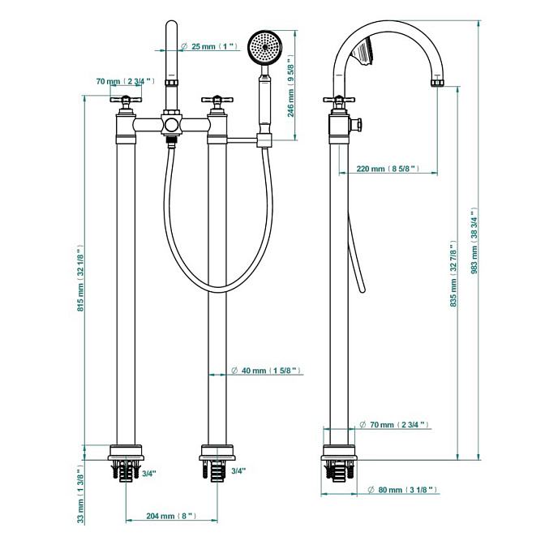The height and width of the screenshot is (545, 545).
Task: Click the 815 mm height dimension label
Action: [x=80, y=278]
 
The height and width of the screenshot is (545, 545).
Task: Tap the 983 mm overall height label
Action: [x=474, y=241]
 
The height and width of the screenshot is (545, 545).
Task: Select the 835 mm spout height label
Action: [x=453, y=274]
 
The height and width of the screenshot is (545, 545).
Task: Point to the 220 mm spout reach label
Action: [x=388, y=169]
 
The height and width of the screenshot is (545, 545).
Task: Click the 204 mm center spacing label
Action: [x=171, y=516]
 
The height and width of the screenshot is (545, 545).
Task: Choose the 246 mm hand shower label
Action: [x=290, y=86]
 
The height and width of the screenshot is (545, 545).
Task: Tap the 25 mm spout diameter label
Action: [x=209, y=46]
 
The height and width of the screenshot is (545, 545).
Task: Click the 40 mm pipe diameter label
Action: [x=266, y=371]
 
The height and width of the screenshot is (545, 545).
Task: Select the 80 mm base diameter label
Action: [x=402, y=490]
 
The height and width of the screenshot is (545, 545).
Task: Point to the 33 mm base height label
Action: [x=80, y=494]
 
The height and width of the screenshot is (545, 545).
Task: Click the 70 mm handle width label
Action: [x=125, y=82]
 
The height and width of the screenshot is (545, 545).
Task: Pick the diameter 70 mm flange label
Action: [x=394, y=425]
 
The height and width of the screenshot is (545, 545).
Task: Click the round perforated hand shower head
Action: [x=266, y=47]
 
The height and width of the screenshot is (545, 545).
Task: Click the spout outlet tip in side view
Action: [x=438, y=83]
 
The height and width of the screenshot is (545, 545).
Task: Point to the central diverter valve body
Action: [x=171, y=123]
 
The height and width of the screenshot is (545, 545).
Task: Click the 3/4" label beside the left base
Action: [x=149, y=474]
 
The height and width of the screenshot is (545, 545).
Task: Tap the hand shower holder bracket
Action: [x=264, y=140]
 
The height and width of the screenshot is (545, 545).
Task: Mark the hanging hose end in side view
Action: [x=363, y=290]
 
